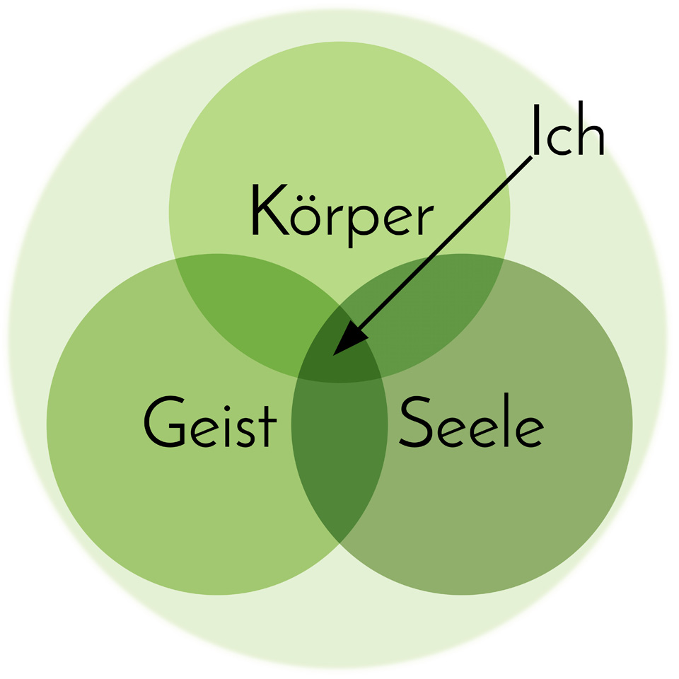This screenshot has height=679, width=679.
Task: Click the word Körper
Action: point(342,215)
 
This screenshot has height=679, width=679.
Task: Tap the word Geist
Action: point(210,422)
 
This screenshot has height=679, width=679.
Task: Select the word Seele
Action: point(471,420)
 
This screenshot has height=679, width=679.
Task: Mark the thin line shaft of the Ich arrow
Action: point(445,243)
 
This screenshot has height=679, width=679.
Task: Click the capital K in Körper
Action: point(270,209)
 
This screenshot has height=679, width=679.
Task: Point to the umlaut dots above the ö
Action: point(306,198)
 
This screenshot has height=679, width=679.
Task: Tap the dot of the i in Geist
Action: point(226,408)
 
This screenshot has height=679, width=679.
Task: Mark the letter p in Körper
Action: point(364,225)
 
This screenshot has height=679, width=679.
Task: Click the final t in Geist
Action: point(267,426)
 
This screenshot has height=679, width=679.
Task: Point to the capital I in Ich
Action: point(537,129)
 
